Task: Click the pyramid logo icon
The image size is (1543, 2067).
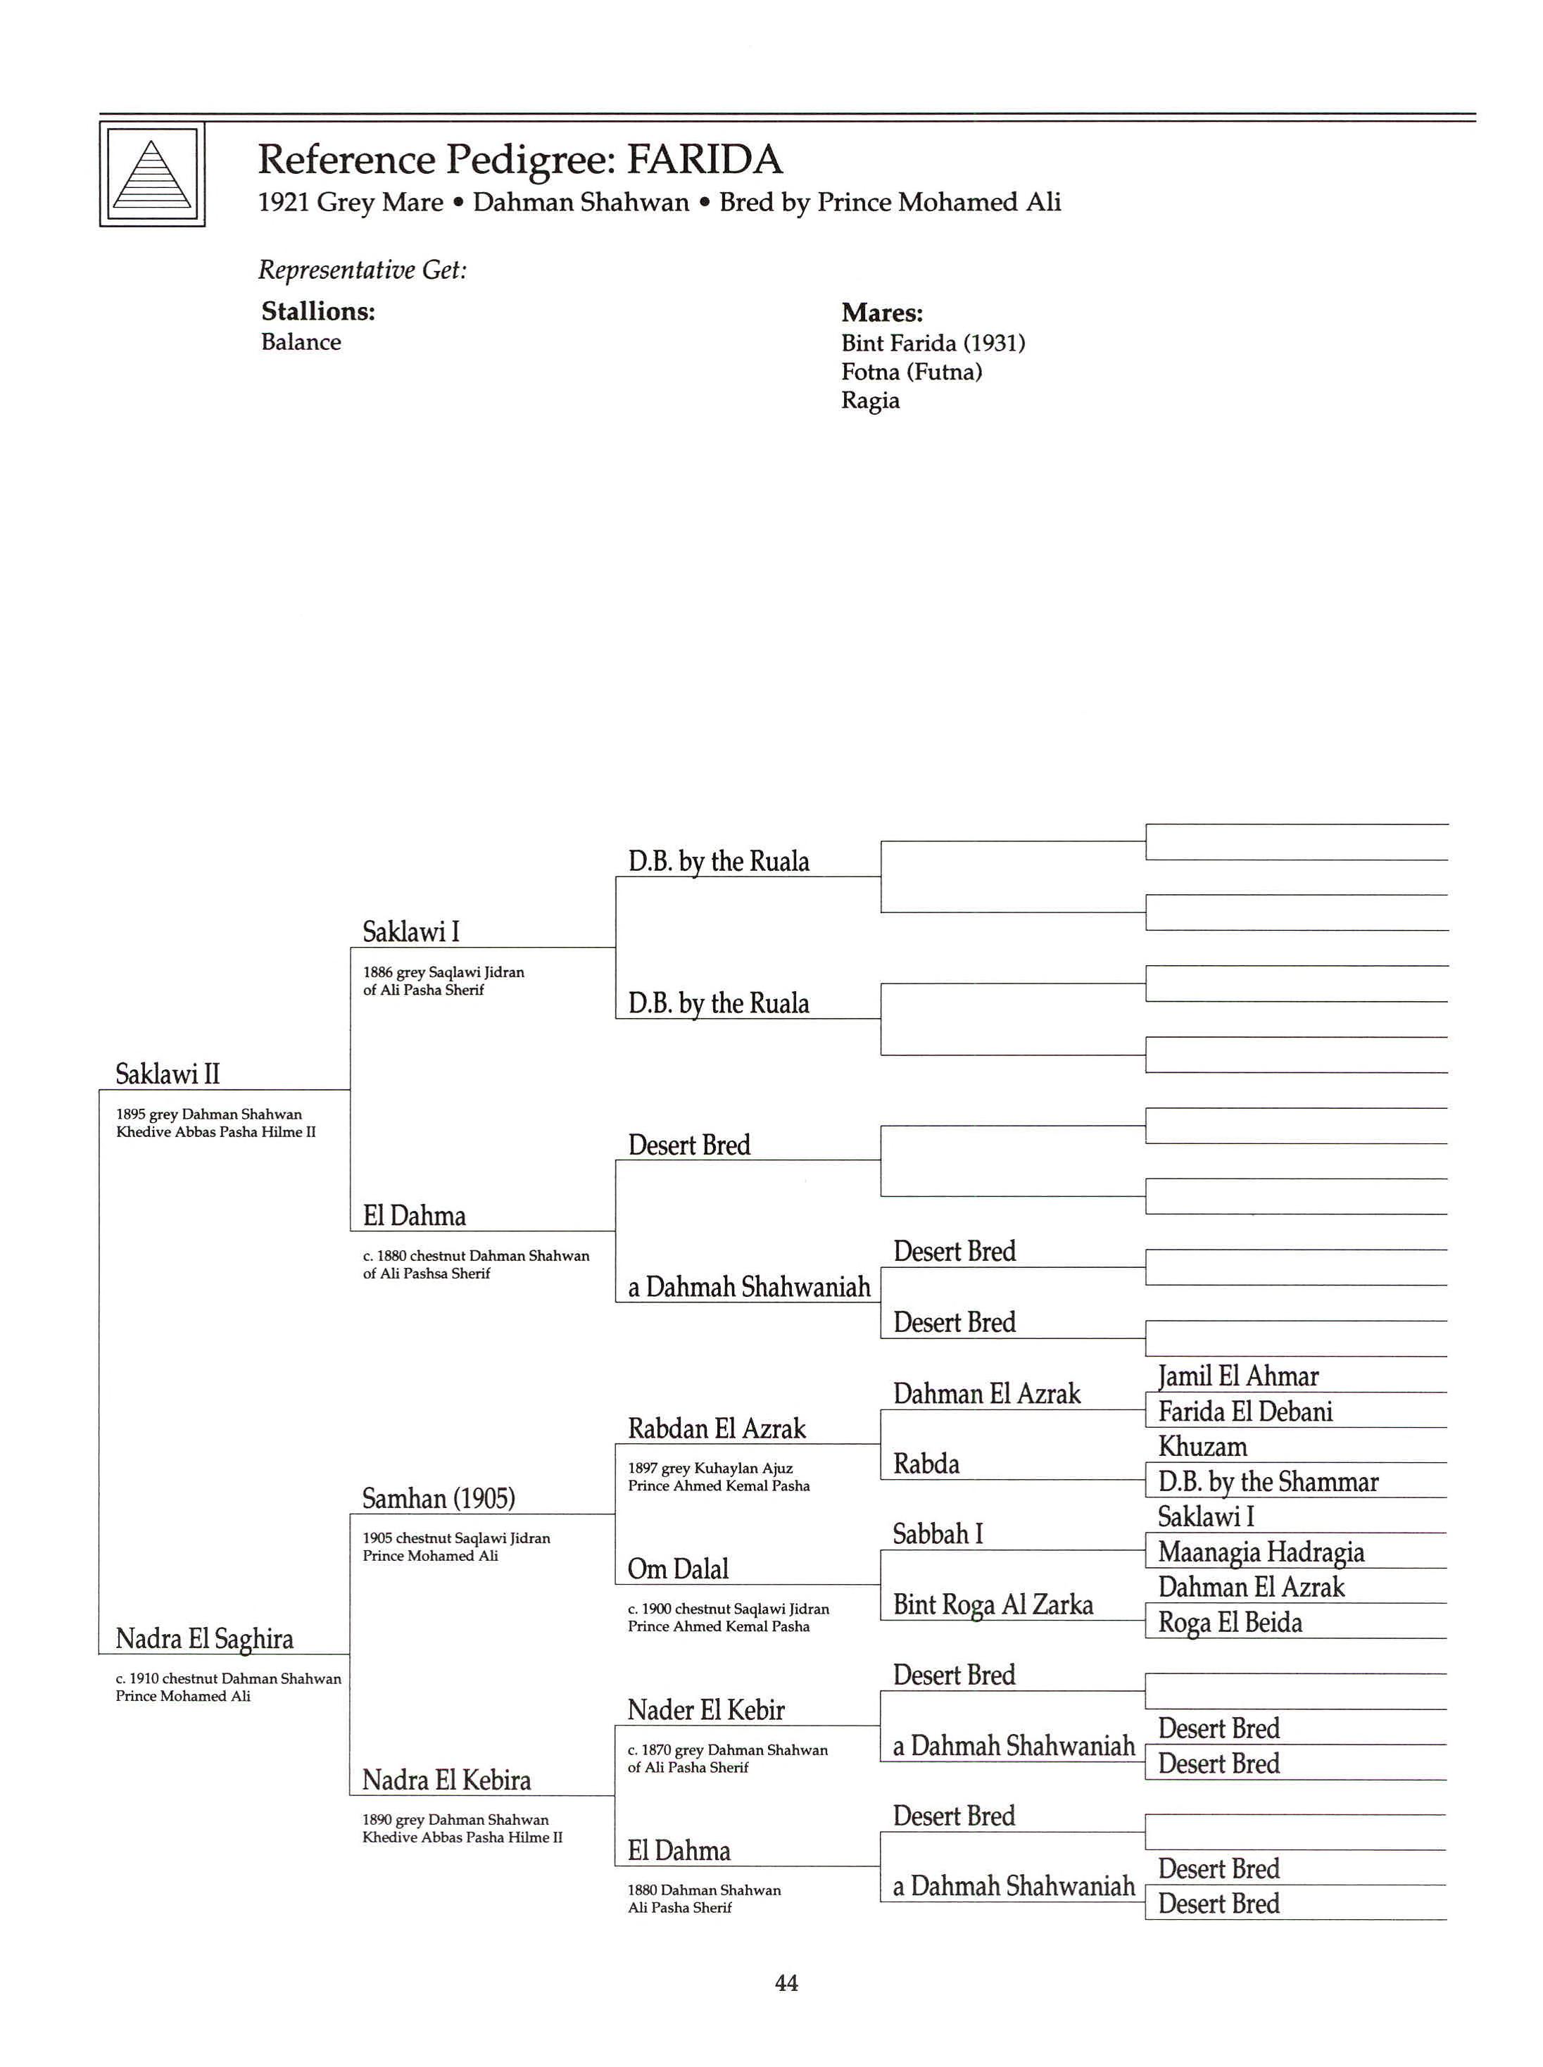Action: [x=152, y=175]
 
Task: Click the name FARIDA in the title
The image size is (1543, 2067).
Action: [x=703, y=160]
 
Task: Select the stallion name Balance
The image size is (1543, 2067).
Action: [x=301, y=342]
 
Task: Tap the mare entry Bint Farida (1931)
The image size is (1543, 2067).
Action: [x=932, y=343]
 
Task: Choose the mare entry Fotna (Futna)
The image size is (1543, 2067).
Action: [x=911, y=372]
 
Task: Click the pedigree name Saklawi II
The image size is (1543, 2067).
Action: [x=168, y=1074]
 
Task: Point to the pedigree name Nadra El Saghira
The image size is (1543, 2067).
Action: [x=203, y=1638]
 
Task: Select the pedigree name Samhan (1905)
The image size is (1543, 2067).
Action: [x=438, y=1498]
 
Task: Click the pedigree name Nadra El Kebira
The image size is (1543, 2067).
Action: [x=446, y=1780]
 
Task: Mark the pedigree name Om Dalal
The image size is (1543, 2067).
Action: [x=677, y=1569]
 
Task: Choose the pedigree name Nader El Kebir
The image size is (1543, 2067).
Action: [x=705, y=1710]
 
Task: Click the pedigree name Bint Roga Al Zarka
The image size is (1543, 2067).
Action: [x=992, y=1604]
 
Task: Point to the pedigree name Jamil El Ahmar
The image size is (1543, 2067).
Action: [x=1237, y=1376]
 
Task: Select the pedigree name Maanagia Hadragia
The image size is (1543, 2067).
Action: [x=1260, y=1552]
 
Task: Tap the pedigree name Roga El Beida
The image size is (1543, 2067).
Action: [x=1229, y=1622]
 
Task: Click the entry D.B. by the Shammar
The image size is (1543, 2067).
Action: [x=1268, y=1481]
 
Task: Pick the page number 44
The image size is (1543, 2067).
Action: [x=786, y=1983]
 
